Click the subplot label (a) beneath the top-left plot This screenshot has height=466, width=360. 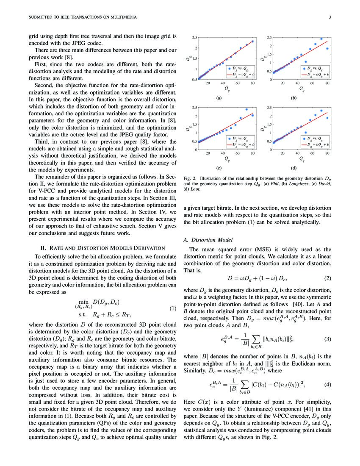[x=219, y=97]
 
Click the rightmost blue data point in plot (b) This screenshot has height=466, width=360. [x=327, y=49]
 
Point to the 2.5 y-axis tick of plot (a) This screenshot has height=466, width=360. [x=194, y=38]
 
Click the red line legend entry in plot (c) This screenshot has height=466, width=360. [x=241, y=144]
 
